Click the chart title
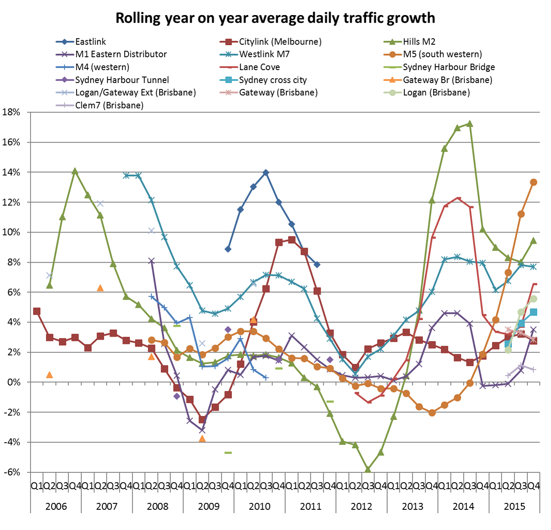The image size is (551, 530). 275,18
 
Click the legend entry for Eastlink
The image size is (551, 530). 90,42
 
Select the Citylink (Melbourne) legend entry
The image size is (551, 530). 280,42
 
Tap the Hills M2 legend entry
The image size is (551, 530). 419,42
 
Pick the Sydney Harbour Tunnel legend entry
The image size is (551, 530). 122,80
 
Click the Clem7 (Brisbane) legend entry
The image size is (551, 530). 109,105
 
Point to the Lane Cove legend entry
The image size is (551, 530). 259,67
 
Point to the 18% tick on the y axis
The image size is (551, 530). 12,112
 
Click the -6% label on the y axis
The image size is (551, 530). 12,472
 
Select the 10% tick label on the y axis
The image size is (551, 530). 12,232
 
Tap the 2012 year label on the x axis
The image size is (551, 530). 361,506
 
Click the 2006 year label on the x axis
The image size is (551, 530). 56,506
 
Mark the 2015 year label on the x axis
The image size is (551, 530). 514,506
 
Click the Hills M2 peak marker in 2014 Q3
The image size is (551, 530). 470,124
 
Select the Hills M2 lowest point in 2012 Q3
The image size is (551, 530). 368,469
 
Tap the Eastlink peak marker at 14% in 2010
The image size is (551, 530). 266,172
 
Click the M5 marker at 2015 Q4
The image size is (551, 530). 533,182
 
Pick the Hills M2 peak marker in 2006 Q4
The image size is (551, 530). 75,171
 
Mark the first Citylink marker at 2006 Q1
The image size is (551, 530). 37,311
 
